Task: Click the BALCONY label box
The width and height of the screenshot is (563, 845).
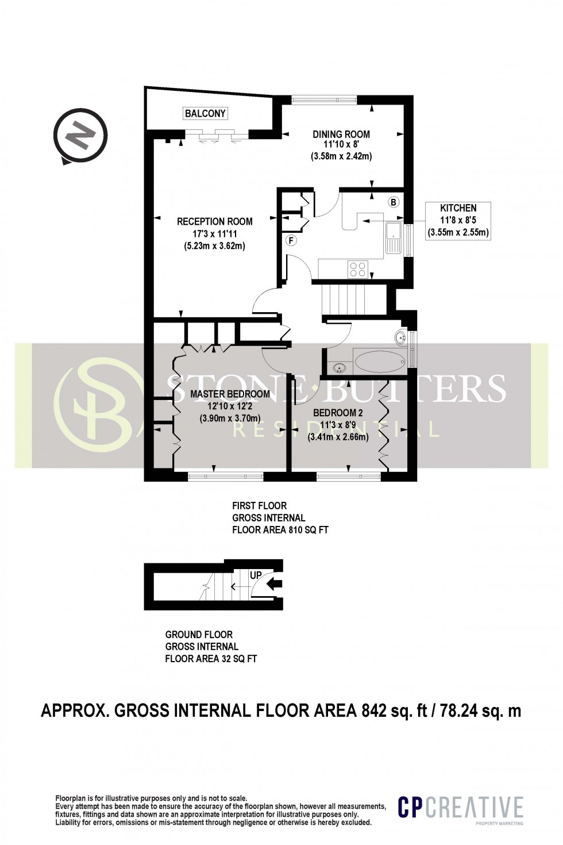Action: (205, 113)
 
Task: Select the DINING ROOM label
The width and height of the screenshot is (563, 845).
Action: (341, 134)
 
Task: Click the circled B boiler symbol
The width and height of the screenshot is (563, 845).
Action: (394, 202)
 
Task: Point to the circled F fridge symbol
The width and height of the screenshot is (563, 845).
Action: (291, 240)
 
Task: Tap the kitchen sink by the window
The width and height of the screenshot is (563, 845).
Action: (394, 238)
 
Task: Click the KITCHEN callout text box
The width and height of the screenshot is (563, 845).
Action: (458, 220)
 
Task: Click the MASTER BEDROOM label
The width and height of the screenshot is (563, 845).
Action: (230, 394)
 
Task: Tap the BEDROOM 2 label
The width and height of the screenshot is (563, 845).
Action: (338, 413)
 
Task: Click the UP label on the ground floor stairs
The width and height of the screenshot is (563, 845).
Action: (256, 575)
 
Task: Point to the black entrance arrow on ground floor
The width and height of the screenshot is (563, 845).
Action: (275, 585)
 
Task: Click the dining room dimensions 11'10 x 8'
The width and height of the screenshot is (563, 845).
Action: (341, 145)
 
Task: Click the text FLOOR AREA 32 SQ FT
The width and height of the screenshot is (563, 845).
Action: (211, 659)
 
